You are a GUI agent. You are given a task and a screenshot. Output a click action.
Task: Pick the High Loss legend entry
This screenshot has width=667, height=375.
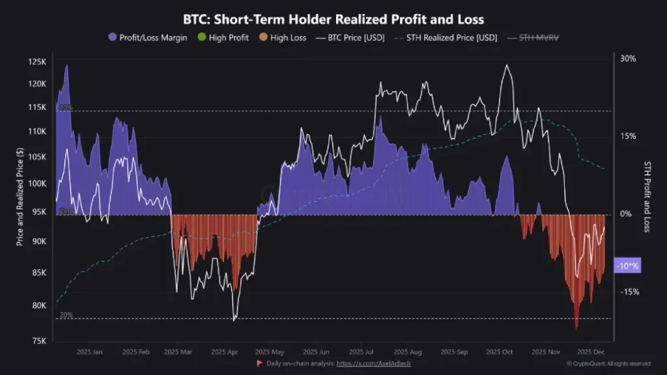[x=282, y=38]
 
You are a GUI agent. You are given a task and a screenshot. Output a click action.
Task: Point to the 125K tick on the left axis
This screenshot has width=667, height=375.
[x=38, y=62]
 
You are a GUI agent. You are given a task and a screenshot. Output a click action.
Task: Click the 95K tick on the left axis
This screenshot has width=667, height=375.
[x=40, y=212]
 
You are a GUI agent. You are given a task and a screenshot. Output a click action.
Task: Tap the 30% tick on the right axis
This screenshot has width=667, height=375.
[x=627, y=59]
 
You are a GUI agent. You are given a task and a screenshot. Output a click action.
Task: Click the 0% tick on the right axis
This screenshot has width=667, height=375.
[x=625, y=214]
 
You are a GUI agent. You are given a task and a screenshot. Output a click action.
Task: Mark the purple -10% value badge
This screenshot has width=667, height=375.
[x=627, y=266]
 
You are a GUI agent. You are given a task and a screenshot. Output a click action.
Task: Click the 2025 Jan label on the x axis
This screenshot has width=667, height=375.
[x=89, y=352]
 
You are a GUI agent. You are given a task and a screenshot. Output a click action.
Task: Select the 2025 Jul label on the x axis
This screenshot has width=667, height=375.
[x=361, y=352]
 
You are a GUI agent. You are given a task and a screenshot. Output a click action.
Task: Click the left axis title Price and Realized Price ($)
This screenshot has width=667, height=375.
[x=21, y=196]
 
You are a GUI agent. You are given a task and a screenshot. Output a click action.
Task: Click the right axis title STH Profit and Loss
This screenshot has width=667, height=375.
[x=647, y=196]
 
